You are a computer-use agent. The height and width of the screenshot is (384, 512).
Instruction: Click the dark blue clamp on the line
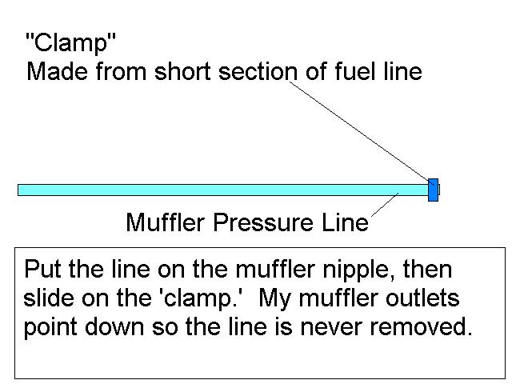tap(433, 190)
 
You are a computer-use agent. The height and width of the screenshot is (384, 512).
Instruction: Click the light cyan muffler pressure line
tap(223, 190)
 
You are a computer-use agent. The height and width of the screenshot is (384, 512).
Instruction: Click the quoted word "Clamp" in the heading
tap(70, 42)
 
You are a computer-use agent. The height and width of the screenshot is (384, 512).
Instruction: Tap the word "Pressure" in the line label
tap(263, 222)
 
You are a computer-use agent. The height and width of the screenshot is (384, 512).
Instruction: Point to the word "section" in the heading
tap(258, 71)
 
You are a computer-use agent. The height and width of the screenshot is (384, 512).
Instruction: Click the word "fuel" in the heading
tap(355, 71)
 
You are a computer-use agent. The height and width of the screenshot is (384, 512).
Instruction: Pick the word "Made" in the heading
tap(57, 71)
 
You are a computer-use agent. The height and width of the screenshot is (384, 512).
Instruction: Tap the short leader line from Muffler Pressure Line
tap(385, 205)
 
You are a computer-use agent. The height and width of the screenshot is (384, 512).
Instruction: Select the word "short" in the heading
tap(182, 71)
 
